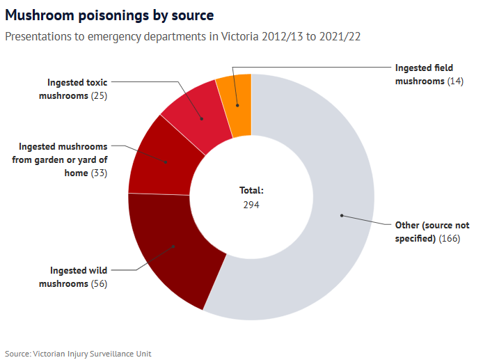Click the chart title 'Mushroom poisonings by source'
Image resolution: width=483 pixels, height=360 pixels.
(109, 15)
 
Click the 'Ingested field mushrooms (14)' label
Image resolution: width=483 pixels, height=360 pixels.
(424, 75)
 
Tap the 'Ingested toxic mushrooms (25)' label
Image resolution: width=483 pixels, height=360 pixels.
(77, 88)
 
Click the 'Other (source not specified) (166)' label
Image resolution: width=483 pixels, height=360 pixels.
(431, 232)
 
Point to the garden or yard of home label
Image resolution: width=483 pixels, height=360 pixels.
(63, 159)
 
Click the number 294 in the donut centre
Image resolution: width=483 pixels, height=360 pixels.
(251, 205)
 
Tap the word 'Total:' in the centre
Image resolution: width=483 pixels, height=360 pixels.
(251, 190)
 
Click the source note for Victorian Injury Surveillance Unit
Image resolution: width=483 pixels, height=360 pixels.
(78, 354)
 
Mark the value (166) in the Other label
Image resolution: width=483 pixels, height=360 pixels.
(450, 239)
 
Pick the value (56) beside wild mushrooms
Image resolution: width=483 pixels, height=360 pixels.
(100, 284)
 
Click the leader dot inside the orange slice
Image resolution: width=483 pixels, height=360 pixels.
(237, 106)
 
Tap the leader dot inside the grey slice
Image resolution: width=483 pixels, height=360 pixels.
(342, 215)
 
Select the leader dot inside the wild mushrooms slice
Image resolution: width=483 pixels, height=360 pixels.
(173, 246)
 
